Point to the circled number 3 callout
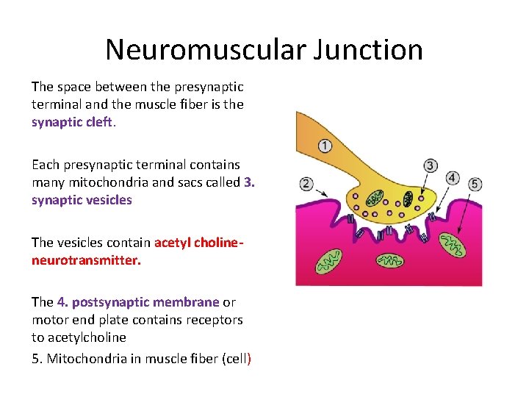click(x=431, y=166)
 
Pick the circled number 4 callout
click(x=453, y=178)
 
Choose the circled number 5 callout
click(x=475, y=184)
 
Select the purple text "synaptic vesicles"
click(x=82, y=200)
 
